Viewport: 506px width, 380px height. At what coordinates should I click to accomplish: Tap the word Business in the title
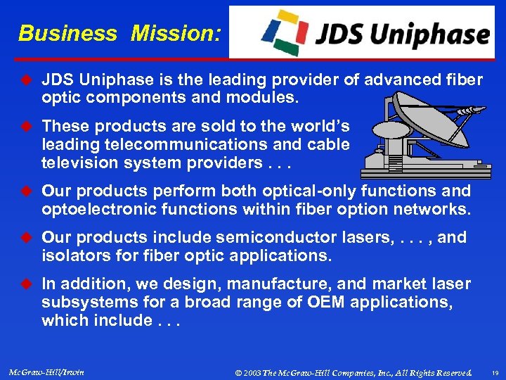pos(68,33)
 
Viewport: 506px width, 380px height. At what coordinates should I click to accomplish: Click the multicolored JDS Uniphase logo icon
pos(284,32)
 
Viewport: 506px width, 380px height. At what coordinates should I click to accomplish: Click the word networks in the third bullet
pos(433,209)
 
